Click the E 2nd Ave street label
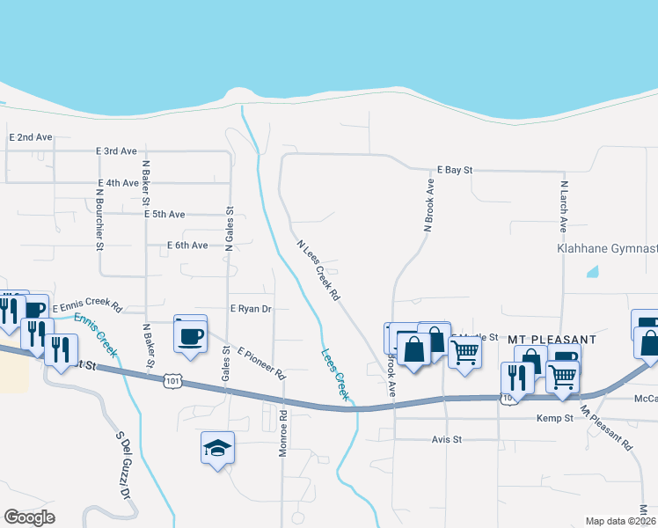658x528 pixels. pos(31,138)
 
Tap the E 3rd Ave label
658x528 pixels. pos(116,151)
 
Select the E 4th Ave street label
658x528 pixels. pos(119,183)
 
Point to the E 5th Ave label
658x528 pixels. pos(164,214)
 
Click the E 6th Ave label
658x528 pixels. pos(186,246)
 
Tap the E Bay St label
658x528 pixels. pos(456,169)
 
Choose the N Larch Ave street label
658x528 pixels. pos(562,208)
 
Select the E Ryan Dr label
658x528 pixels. pos(251,309)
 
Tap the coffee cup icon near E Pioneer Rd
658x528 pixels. pos(190,334)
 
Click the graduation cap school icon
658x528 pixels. pos(217,449)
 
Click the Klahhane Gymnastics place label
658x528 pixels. pos(607,249)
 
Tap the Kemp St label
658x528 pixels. pos(555,419)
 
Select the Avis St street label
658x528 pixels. pos(446,439)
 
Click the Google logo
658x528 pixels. pos(30,517)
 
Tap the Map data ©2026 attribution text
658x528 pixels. pos(620,521)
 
